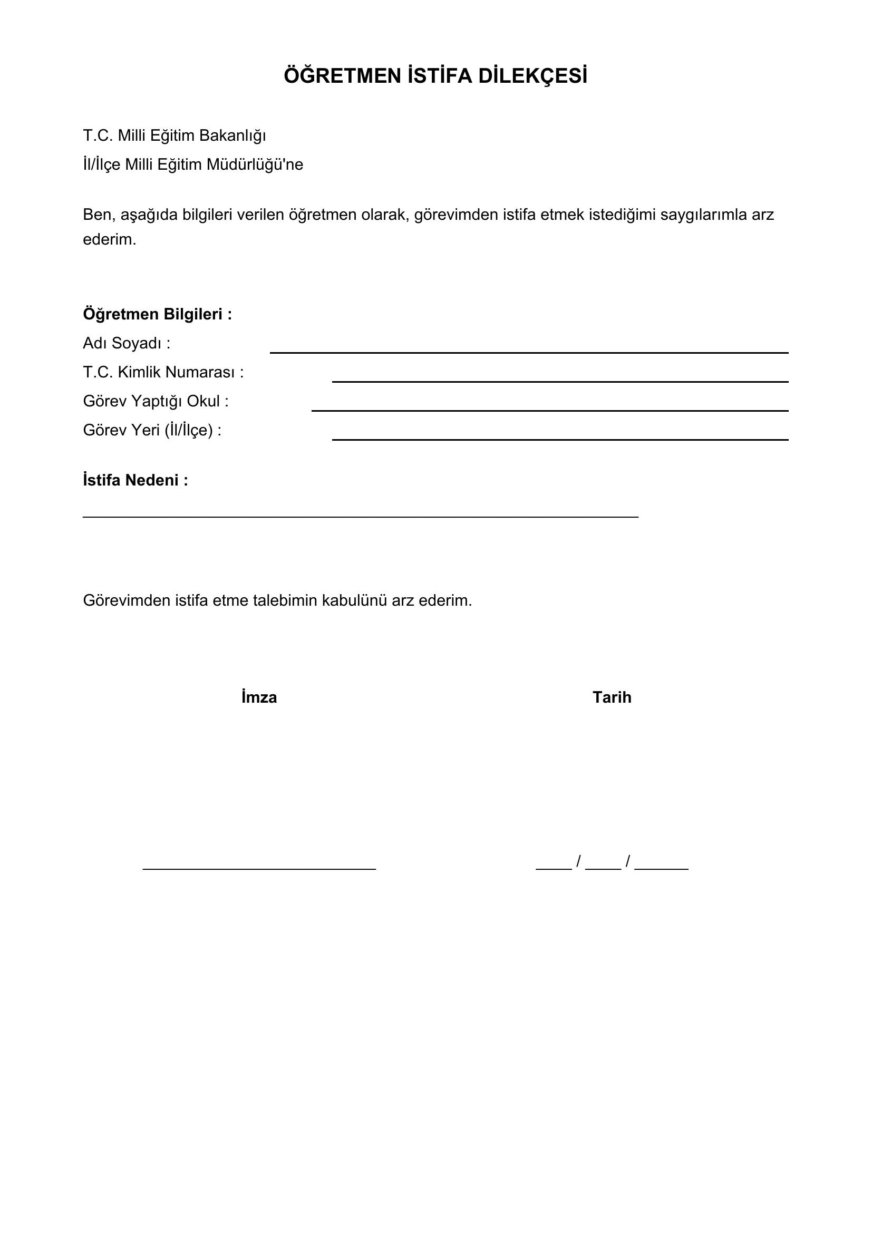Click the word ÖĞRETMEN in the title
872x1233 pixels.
tap(343, 76)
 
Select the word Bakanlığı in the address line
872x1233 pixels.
tap(232, 136)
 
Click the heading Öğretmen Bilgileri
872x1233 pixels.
tap(157, 314)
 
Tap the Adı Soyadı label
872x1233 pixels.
tap(127, 343)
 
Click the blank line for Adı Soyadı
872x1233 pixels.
tap(529, 352)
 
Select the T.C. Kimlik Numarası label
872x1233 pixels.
tap(163, 372)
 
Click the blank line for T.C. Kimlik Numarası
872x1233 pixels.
tap(560, 381)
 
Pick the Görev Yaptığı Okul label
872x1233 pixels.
tap(156, 401)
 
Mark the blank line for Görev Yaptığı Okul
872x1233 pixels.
tap(550, 410)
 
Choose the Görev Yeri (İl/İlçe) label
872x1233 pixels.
tap(152, 430)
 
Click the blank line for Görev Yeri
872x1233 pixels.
tap(560, 439)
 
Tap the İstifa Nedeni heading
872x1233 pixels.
tap(135, 480)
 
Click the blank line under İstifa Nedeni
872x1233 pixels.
tap(360, 516)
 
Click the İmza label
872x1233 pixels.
tap(259, 697)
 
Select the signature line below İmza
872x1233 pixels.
tap(259, 868)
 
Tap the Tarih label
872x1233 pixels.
tap(612, 697)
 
